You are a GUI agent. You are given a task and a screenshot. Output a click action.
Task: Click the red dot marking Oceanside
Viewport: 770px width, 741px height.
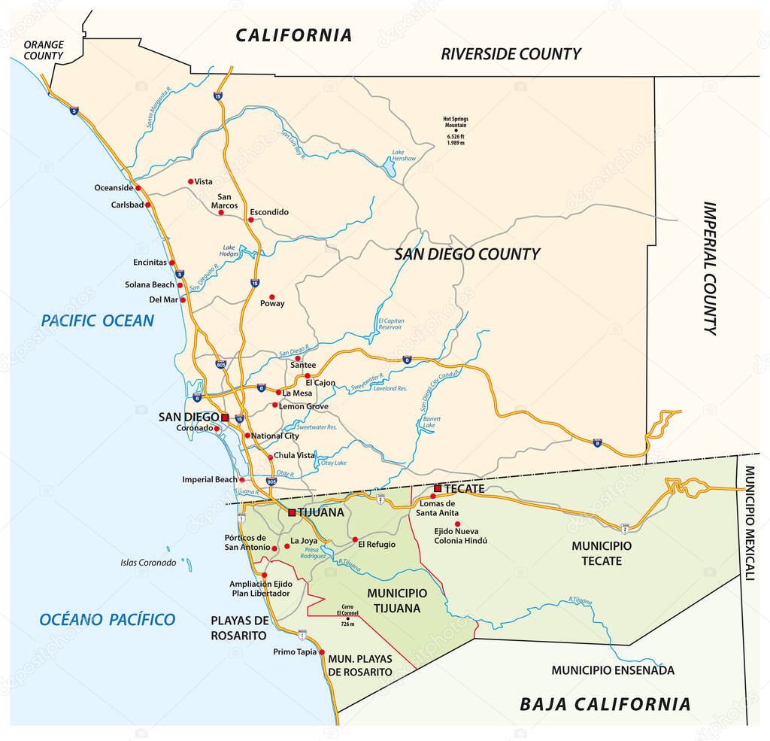click(x=138, y=187)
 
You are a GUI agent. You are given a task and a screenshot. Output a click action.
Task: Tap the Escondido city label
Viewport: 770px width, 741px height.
click(x=268, y=212)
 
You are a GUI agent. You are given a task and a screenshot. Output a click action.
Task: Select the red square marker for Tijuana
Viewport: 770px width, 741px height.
click(x=292, y=512)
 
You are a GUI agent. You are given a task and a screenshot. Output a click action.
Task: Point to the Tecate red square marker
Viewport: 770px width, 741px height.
click(x=437, y=488)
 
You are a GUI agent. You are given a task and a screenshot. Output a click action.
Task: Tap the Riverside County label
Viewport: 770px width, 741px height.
click(x=511, y=53)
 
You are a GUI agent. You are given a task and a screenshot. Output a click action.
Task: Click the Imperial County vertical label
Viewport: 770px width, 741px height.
click(x=710, y=268)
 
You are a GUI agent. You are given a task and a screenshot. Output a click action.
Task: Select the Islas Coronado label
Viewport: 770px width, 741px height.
click(x=148, y=562)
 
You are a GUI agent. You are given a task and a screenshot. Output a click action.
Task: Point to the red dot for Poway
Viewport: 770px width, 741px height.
click(x=272, y=296)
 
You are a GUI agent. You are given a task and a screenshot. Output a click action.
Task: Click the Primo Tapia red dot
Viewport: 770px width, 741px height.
click(x=322, y=652)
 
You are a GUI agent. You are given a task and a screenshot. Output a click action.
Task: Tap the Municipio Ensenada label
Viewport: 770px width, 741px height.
click(x=612, y=670)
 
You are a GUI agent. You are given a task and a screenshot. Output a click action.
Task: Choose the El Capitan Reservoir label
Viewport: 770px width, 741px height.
click(x=390, y=323)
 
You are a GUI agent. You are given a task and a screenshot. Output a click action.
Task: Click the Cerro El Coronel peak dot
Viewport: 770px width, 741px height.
click(x=347, y=618)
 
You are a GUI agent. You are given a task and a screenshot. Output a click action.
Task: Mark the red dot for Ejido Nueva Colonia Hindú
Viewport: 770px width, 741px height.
click(x=457, y=524)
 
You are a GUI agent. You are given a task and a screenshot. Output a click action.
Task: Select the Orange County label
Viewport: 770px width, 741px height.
click(x=44, y=50)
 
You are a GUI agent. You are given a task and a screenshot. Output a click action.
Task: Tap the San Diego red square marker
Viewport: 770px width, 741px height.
click(x=224, y=416)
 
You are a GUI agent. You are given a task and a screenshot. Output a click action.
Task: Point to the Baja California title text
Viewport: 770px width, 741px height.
click(x=605, y=704)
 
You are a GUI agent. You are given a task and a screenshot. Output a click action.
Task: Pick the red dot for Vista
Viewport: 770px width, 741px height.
click(x=190, y=181)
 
